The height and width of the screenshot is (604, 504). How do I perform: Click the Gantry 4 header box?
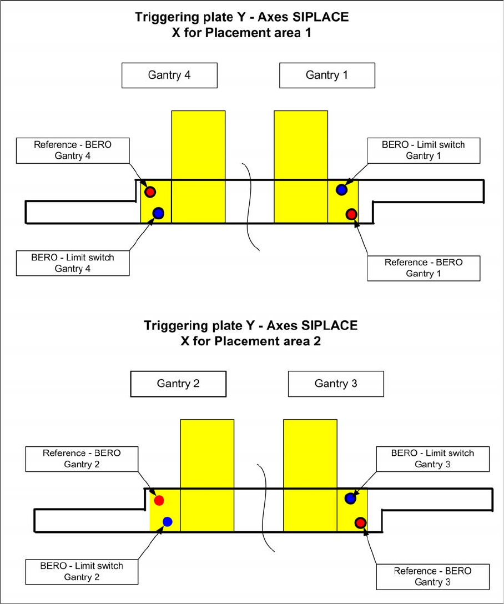coord(169,75)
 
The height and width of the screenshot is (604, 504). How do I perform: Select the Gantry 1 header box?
coord(327,75)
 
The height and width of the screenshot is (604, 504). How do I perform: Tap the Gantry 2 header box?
coord(178,383)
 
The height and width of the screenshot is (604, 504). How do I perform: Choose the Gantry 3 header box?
coord(336,383)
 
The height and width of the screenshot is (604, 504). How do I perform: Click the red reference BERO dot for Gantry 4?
coord(150,192)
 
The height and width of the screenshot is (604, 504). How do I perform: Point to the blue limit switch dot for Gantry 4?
coord(158,213)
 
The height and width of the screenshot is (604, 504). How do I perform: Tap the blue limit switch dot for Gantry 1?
coord(341,190)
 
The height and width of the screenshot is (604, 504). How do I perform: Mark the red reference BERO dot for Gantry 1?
coord(351,214)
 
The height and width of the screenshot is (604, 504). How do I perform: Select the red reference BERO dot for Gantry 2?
coord(159,500)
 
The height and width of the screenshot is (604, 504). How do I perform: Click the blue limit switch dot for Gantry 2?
coord(168,521)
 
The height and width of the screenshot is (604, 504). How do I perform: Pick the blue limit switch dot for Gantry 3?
coord(350,499)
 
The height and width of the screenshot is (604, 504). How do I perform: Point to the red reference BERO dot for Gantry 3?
coord(360,522)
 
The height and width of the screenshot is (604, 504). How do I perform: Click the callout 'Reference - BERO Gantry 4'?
coord(73,150)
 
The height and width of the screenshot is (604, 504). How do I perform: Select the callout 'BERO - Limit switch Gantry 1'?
coord(424,150)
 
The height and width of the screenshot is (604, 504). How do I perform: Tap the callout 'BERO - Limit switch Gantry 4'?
coord(73,263)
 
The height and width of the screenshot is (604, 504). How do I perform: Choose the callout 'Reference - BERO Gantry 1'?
coord(424,268)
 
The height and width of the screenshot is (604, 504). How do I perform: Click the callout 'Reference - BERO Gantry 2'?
coord(82,459)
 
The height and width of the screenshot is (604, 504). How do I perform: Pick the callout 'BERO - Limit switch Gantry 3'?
coord(432,459)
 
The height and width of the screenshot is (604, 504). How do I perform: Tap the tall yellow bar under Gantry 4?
coord(198,167)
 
